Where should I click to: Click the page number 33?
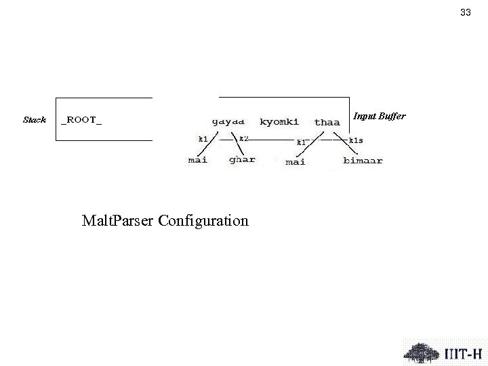click(x=465, y=12)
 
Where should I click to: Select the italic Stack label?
click(x=34, y=120)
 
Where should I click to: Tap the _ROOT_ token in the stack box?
click(x=82, y=120)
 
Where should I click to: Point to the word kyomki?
click(x=279, y=122)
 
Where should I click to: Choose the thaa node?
click(x=327, y=123)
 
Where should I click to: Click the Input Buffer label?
click(x=380, y=117)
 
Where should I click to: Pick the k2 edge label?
click(x=244, y=138)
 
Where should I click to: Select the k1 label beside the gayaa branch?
click(x=202, y=138)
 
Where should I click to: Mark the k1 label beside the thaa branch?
click(x=301, y=142)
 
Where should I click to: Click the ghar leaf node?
click(x=242, y=160)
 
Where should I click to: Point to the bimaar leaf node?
click(x=363, y=161)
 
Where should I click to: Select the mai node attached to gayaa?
click(x=198, y=160)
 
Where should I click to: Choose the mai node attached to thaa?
click(x=296, y=161)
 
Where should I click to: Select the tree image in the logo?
click(x=422, y=351)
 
